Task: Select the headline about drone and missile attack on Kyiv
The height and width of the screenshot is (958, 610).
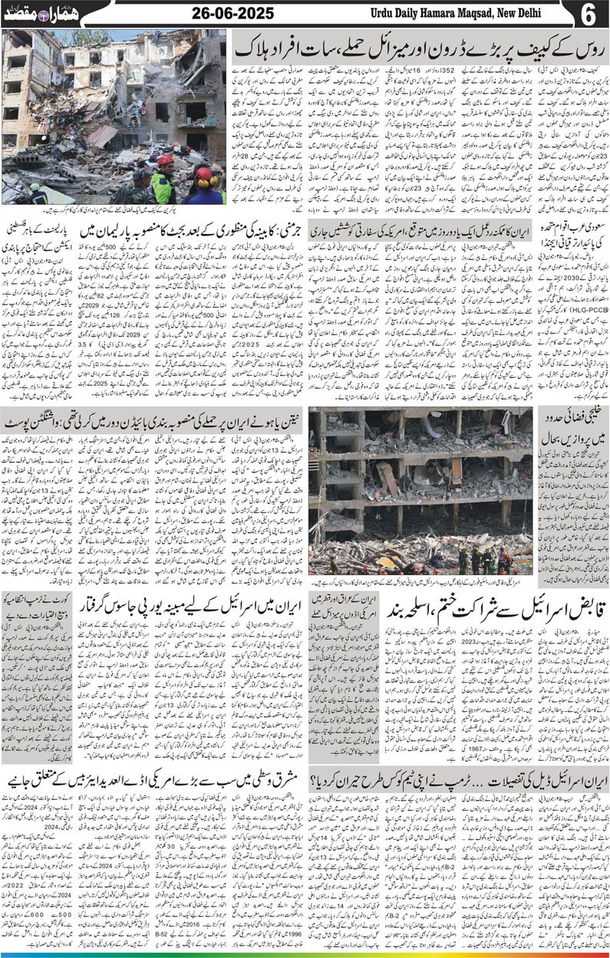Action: pyautogui.click(x=418, y=48)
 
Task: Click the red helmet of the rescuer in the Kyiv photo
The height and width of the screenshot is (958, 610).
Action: pyautogui.click(x=165, y=160)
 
